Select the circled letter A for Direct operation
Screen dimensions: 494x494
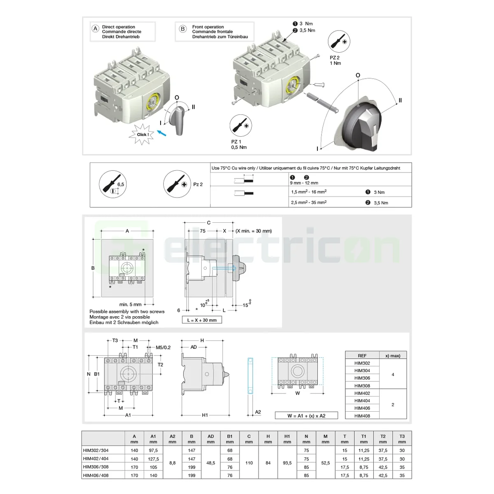pyautogui.click(x=96, y=29)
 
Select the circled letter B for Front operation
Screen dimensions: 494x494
pyautogui.click(x=183, y=29)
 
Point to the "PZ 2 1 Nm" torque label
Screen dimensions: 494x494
pyautogui.click(x=335, y=61)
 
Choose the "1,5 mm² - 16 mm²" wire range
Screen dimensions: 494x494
pyautogui.click(x=309, y=192)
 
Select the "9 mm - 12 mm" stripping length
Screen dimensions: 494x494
pyautogui.click(x=304, y=183)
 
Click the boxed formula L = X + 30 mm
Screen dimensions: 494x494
pyautogui.click(x=202, y=320)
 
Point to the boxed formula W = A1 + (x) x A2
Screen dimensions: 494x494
pyautogui.click(x=306, y=416)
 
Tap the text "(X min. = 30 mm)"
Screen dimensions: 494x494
pyautogui.click(x=254, y=231)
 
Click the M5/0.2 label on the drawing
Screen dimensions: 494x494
pyautogui.click(x=163, y=347)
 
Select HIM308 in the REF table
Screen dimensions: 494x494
pyautogui.click(x=362, y=386)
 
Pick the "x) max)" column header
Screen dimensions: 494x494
pyautogui.click(x=393, y=356)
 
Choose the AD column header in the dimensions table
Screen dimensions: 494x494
pyautogui.click(x=211, y=439)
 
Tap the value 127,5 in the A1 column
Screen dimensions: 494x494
pyautogui.click(x=153, y=459)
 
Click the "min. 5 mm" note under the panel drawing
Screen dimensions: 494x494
pyautogui.click(x=130, y=305)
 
